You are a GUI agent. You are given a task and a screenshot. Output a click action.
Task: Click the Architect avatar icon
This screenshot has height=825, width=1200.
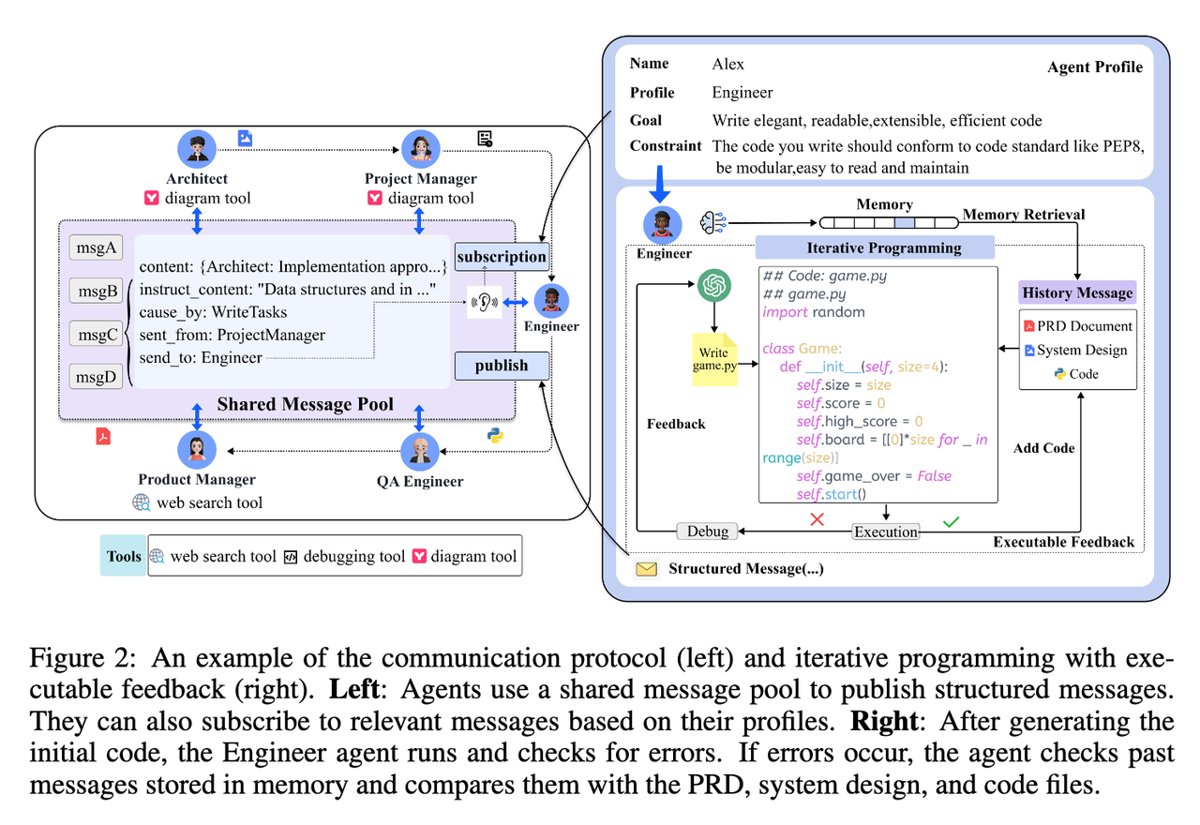point(197,149)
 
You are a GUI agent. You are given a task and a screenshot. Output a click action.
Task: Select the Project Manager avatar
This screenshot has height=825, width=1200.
point(420,149)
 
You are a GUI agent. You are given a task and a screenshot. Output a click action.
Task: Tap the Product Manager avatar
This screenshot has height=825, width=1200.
point(197,452)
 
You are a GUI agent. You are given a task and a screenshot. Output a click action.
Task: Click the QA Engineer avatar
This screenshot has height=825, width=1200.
point(420,452)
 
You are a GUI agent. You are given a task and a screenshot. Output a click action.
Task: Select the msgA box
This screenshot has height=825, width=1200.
point(96,247)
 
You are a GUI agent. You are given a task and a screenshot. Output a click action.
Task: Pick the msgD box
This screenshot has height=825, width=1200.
point(96,377)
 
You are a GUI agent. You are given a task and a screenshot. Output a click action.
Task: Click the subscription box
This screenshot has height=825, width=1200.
point(502,256)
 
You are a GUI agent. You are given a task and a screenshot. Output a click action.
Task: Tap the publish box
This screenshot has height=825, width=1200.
point(502,366)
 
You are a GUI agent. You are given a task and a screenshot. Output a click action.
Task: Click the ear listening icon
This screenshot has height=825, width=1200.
point(485,302)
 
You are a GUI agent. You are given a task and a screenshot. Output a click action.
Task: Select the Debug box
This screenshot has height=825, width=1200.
point(707,532)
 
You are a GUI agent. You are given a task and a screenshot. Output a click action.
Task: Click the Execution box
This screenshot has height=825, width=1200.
point(885,532)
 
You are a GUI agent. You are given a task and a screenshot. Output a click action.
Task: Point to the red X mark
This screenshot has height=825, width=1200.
point(817,518)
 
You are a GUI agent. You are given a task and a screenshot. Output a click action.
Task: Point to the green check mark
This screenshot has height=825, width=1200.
point(951,520)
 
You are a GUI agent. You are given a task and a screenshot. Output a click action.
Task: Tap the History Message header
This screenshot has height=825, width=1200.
point(1077,292)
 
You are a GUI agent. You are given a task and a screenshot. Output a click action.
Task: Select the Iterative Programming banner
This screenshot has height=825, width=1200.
point(874,247)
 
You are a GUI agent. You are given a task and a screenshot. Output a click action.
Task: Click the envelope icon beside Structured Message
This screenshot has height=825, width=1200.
point(647,569)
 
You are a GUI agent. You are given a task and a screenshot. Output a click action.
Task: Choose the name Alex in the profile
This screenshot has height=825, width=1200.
point(728,64)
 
